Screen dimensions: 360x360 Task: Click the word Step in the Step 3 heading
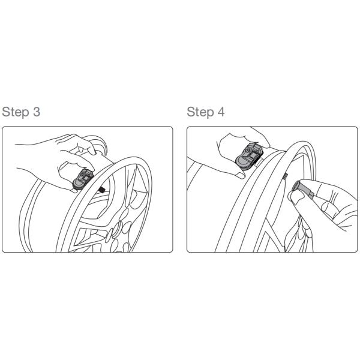(16, 112)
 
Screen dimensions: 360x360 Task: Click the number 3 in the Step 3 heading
(36, 112)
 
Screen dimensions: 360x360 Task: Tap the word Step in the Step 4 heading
(200, 112)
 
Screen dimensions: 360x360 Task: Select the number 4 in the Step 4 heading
(221, 112)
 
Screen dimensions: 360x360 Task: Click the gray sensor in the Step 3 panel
(83, 180)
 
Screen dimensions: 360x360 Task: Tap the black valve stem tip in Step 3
(101, 189)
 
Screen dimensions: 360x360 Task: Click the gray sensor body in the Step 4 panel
(249, 156)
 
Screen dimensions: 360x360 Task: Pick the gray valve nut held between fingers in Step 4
(302, 189)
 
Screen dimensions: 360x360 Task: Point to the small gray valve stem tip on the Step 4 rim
(285, 176)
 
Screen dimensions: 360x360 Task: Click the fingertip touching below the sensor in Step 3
(74, 190)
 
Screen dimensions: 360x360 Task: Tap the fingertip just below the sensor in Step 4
(241, 176)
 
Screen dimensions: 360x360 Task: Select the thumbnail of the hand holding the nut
(296, 197)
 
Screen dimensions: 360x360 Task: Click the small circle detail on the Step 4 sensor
(247, 150)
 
